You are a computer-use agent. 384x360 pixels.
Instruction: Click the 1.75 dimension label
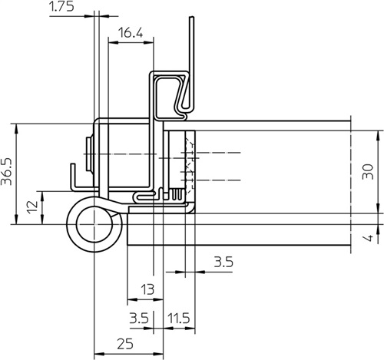(61, 6)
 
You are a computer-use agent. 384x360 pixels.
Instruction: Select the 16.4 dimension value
(131, 33)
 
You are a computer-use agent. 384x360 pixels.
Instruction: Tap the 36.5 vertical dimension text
(7, 171)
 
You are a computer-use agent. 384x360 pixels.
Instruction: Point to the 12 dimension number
(32, 208)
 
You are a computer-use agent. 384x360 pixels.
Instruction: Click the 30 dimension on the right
(368, 171)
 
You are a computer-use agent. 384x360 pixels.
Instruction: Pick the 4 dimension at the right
(369, 238)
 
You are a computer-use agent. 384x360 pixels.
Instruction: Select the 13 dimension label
(148, 289)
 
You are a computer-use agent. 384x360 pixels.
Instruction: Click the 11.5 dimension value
(179, 319)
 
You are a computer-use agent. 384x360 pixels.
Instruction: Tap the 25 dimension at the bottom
(125, 344)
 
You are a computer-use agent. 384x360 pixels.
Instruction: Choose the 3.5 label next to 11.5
(139, 319)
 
